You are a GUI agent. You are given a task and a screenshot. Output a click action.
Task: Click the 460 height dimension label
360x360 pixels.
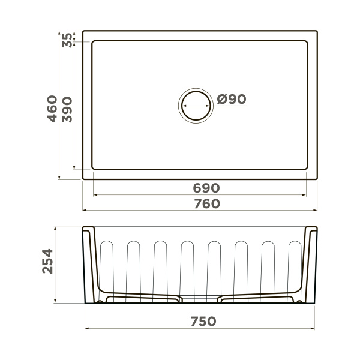[x=52, y=109]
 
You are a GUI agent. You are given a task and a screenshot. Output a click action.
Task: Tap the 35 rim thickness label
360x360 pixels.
[x=68, y=40]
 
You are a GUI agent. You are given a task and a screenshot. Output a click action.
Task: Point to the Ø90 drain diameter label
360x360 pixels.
[x=232, y=100]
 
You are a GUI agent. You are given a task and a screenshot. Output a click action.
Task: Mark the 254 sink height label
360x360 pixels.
[x=48, y=262]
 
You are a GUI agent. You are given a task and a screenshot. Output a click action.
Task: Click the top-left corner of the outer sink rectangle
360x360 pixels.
[x=83, y=31]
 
